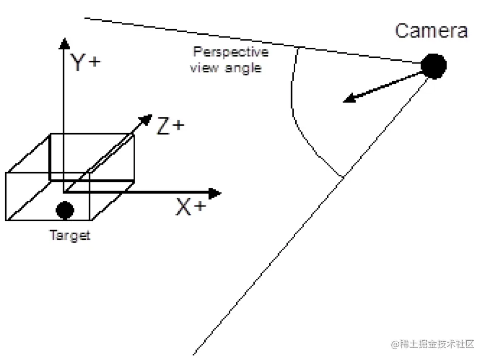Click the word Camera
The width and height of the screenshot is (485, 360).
(431, 31)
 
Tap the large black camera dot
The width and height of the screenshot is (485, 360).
(434, 66)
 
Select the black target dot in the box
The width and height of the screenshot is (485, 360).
(65, 210)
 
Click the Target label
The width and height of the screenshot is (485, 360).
(70, 235)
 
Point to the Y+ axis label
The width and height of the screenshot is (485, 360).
(85, 62)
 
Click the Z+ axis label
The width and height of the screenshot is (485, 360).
(171, 125)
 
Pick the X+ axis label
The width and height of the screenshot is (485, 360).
(191, 207)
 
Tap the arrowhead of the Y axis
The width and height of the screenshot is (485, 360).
(64, 43)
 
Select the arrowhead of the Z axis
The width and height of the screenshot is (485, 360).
(146, 120)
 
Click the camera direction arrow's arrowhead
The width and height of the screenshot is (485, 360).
(350, 98)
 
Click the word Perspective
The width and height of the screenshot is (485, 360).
(231, 52)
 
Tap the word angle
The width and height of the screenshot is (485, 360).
(243, 68)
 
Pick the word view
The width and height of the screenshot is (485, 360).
(204, 68)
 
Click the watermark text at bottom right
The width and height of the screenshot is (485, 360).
(432, 344)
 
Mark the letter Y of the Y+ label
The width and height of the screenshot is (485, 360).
(77, 62)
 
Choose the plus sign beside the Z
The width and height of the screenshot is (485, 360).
(178, 125)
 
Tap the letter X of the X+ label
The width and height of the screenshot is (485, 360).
(183, 207)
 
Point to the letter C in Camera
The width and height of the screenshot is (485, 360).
(402, 31)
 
